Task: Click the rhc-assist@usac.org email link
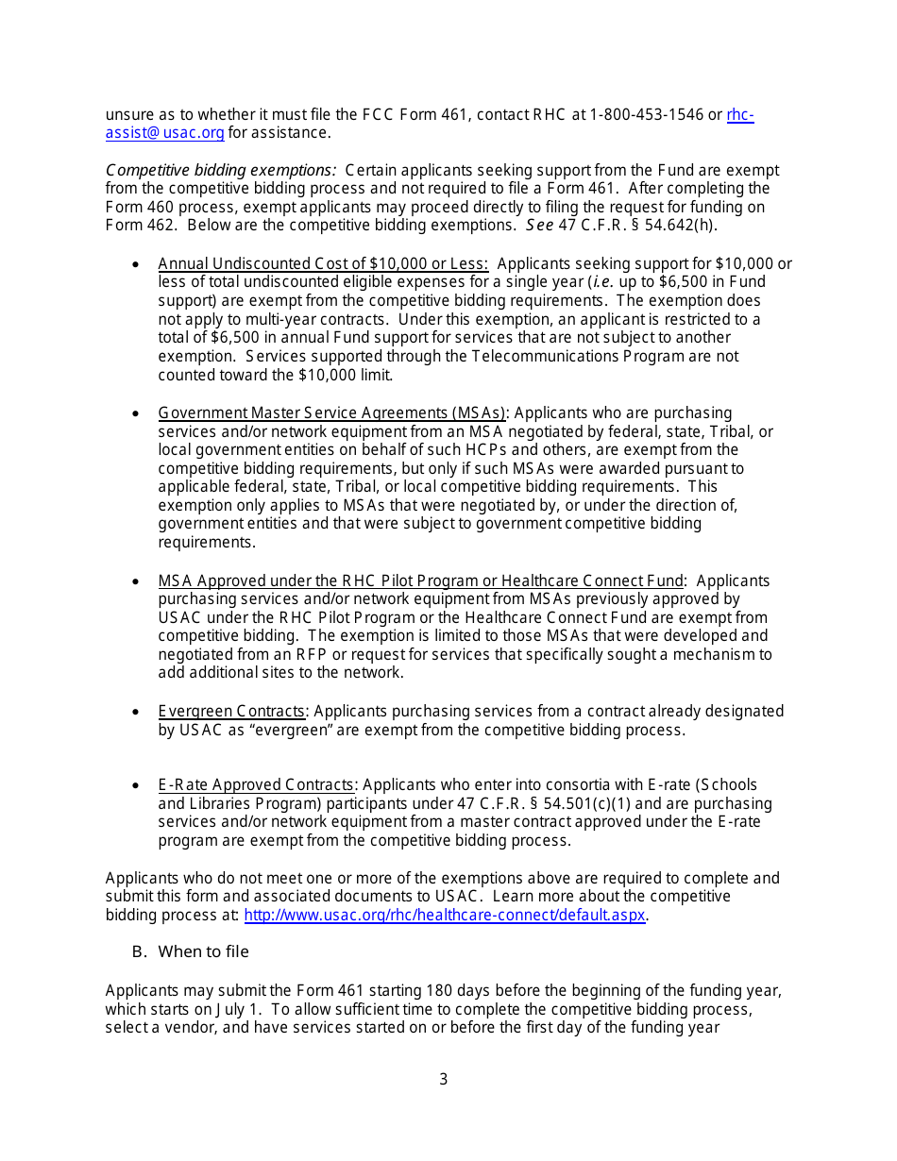tap(164, 133)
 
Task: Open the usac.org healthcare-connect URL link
tap(445, 915)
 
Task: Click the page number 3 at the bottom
tap(444, 1079)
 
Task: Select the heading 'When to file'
tap(203, 951)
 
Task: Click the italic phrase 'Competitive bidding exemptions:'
tap(221, 171)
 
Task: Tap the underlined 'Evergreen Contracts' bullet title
tap(231, 712)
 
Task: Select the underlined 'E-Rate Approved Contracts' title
tap(256, 785)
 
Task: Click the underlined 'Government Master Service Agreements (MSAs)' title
tap(332, 413)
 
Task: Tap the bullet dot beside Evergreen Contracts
tap(137, 713)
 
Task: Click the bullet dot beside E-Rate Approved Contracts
tap(137, 786)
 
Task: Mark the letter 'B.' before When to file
tap(140, 951)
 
